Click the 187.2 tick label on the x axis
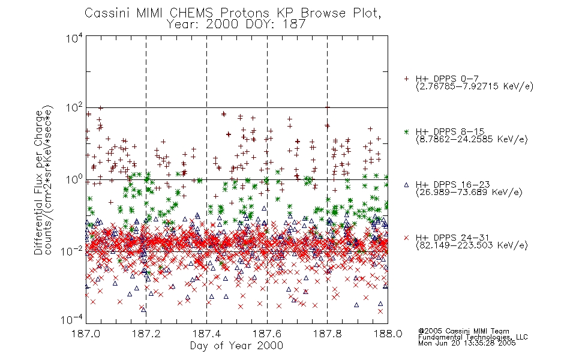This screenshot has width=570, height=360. (x=146, y=334)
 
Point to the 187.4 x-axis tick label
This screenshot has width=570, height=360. (x=206, y=334)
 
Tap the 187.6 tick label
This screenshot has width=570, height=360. (x=267, y=334)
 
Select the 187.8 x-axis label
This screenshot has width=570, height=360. (x=327, y=334)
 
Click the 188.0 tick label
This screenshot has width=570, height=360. (x=388, y=334)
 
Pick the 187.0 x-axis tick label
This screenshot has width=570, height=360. (x=86, y=334)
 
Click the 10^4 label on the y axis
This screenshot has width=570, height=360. (x=74, y=38)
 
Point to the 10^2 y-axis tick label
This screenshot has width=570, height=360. (x=74, y=108)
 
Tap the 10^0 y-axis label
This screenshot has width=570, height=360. (x=74, y=180)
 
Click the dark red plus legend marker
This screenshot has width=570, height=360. (x=406, y=79)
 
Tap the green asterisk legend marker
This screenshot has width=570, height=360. (x=406, y=131)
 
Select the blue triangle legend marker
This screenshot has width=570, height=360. (x=406, y=185)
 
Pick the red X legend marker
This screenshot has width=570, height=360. (x=406, y=238)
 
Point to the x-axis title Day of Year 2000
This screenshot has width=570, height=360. (x=236, y=346)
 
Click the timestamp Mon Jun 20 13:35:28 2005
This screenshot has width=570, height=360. (x=467, y=343)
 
